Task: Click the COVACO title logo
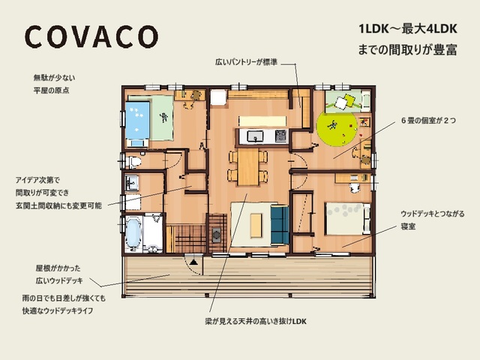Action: coord(91,37)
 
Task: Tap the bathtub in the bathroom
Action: coord(133,233)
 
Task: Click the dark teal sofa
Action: coord(280,225)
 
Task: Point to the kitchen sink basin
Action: coord(255,136)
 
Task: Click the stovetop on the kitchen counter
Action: coord(280,136)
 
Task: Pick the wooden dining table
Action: coord(248,167)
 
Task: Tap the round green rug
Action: coord(337,129)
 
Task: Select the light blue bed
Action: coord(137,120)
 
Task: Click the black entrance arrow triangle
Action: coord(193,262)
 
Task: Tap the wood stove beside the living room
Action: coord(217,235)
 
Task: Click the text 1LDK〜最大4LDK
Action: coord(408,29)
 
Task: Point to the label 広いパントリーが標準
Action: coord(247,62)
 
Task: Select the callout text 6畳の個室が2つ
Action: coord(428,121)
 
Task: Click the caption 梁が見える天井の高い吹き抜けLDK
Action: coord(256,322)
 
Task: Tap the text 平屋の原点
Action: coord(52,91)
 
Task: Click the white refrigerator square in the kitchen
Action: coord(218,97)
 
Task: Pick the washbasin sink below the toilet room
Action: coord(132,183)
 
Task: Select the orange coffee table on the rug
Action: coord(256,226)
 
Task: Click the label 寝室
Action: coord(408,226)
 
